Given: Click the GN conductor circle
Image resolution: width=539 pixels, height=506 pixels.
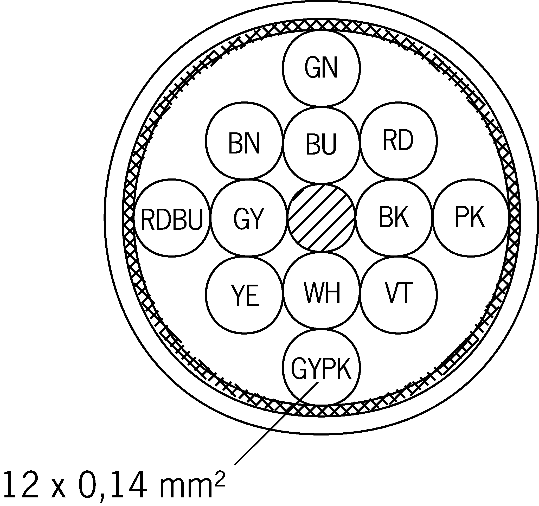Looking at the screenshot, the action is pos(321,68).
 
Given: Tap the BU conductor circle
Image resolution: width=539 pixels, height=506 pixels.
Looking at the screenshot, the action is pos(321,145).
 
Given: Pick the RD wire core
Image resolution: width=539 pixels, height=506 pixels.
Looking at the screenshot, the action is pos(399,141).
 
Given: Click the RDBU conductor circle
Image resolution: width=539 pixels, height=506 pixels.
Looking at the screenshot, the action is pos(172,217).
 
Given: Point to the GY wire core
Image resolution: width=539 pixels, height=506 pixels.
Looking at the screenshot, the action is pos(249,218).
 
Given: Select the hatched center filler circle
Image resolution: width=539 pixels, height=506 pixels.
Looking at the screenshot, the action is pos(321,218).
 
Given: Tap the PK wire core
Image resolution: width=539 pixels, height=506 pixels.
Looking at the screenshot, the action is pos(470,218).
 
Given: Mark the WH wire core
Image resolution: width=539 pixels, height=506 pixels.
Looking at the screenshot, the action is pos(321,291).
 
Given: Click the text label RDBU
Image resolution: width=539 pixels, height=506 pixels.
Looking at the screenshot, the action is pos(172,219).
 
